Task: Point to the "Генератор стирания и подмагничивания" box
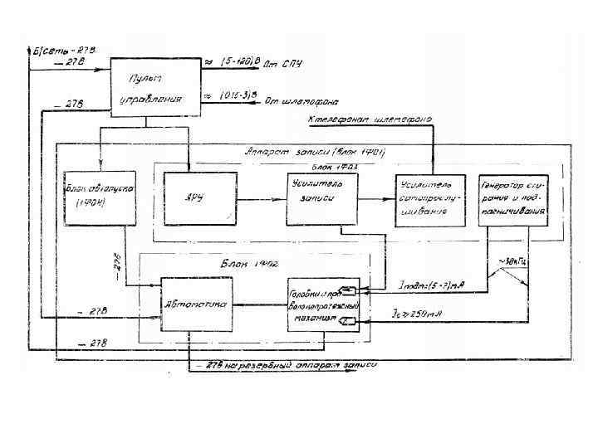[512, 200]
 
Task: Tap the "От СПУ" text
[297, 64]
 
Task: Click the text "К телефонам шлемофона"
[370, 121]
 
